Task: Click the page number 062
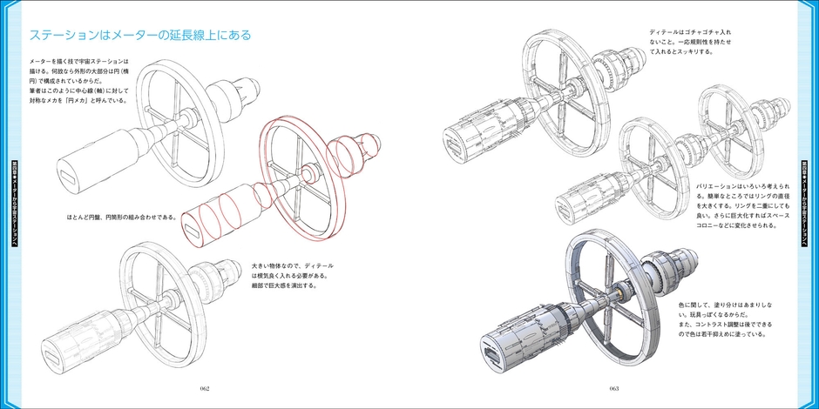pyautogui.click(x=204, y=388)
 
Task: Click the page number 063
pyautogui.click(x=613, y=388)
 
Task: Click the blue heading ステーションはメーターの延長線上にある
pyautogui.click(x=140, y=36)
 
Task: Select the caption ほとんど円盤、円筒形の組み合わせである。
pyautogui.click(x=121, y=217)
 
